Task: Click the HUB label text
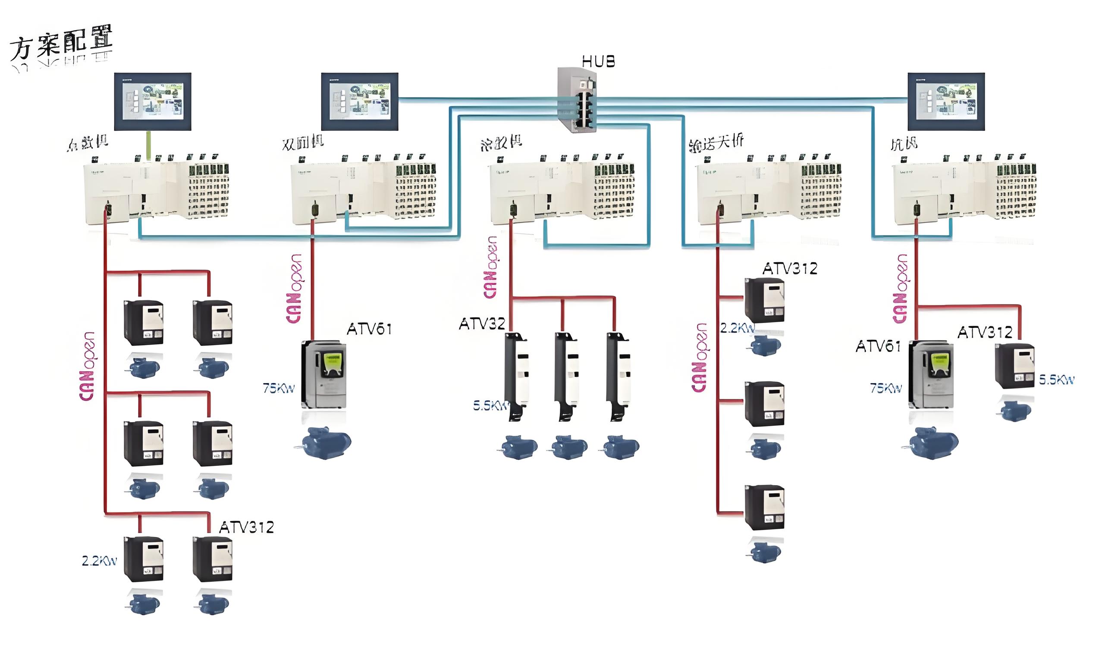click(x=598, y=62)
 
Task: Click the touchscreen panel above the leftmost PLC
click(x=153, y=101)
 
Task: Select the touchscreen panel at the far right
click(x=946, y=101)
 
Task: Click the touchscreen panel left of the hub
click(x=360, y=101)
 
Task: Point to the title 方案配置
click(x=61, y=44)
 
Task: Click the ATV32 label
click(x=481, y=323)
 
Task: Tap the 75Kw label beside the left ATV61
click(x=279, y=388)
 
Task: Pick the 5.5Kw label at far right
click(x=1056, y=380)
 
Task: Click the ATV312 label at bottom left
click(x=246, y=528)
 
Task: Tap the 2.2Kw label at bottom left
click(x=100, y=561)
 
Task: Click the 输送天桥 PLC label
click(x=716, y=143)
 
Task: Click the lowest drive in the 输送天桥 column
click(x=764, y=507)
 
